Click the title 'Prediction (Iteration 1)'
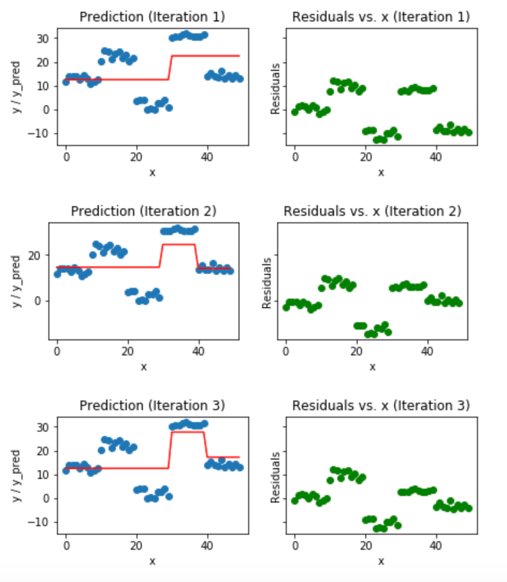(x=152, y=17)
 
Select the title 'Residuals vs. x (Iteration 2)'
(x=372, y=211)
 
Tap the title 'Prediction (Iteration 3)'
(x=152, y=405)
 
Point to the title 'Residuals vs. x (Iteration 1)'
(x=381, y=17)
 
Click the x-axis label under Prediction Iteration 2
(x=143, y=367)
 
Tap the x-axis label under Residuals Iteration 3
(x=381, y=561)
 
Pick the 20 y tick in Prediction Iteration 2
(x=41, y=254)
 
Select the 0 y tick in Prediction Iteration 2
(x=45, y=301)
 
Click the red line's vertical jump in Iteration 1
(x=170, y=68)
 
